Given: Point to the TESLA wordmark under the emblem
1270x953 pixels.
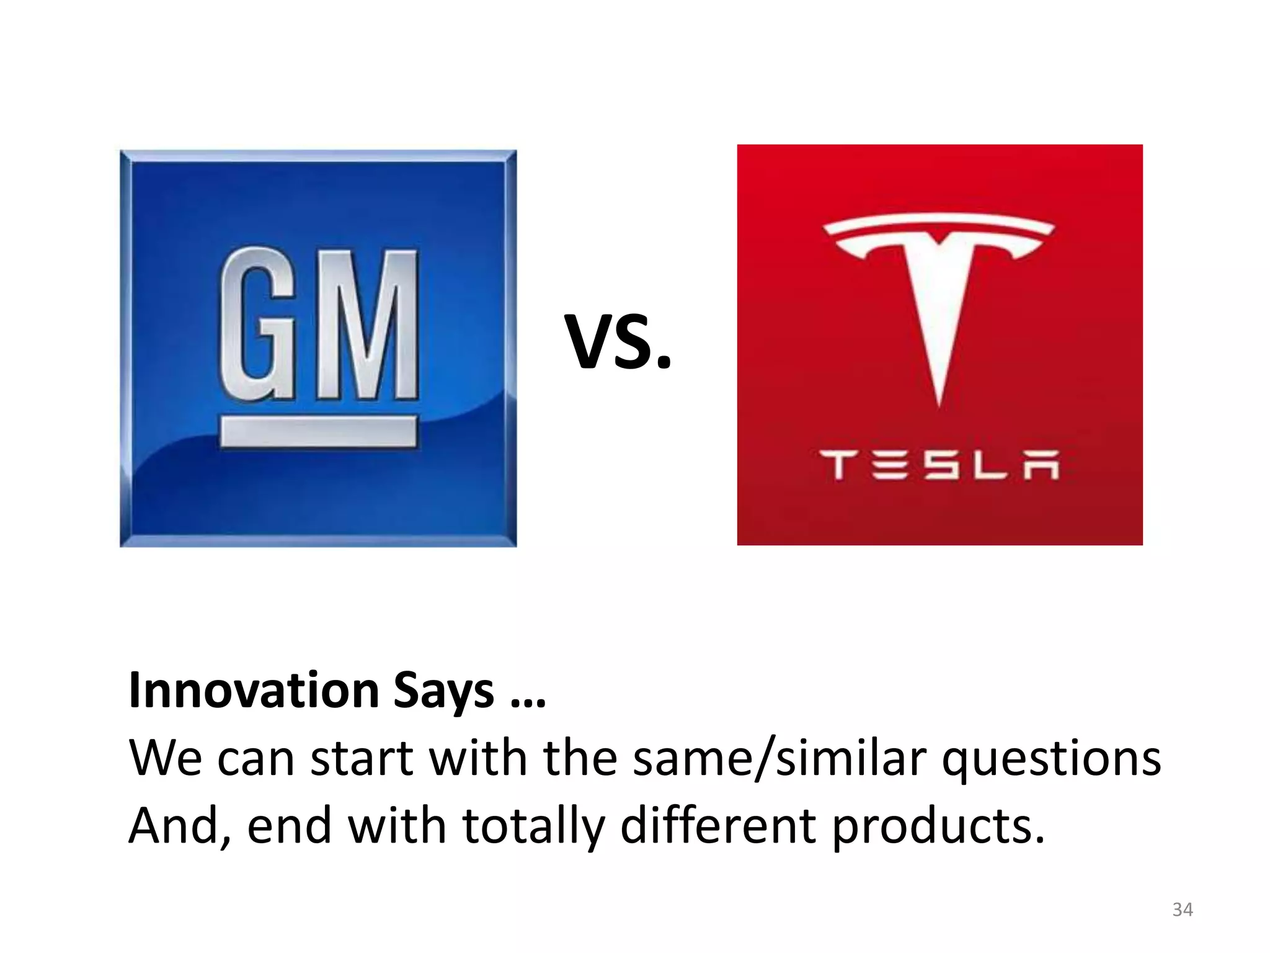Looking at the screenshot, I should pos(939,466).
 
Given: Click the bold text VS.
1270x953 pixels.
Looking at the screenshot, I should pos(618,342).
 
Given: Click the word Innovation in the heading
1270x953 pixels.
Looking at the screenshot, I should pos(254,690).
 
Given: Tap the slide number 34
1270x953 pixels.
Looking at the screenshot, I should pos(1182,910).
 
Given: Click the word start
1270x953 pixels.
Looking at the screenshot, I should pos(361,758).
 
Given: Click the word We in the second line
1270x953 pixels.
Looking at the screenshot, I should pos(165,758).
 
